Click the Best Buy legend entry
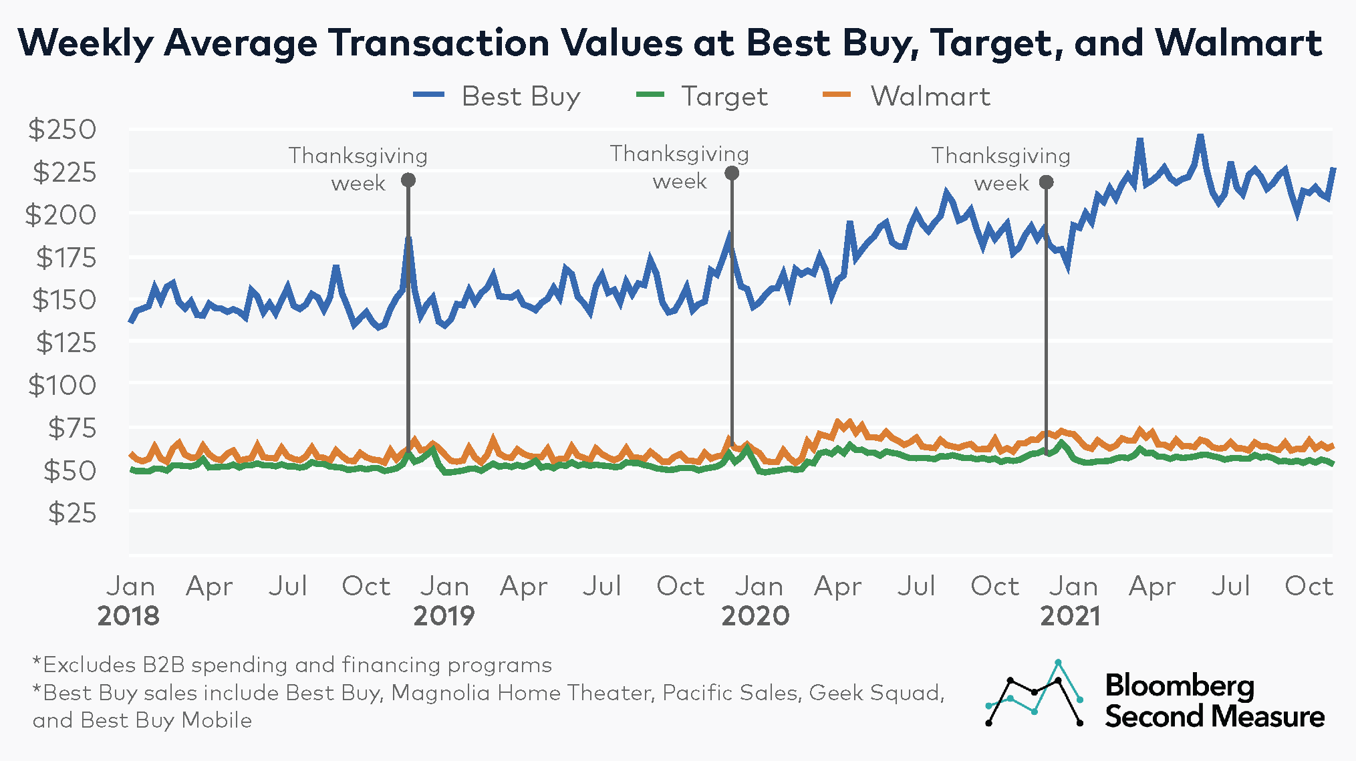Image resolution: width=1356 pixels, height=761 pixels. point(497,96)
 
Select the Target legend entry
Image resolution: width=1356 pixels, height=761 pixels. point(702,96)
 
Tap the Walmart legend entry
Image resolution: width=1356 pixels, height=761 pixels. point(906,96)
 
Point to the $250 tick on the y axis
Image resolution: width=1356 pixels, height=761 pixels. point(62,129)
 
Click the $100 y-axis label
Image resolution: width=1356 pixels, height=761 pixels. point(62,386)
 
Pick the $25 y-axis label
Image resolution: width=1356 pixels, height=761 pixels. point(72,513)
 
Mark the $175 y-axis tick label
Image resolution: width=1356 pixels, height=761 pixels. point(65,257)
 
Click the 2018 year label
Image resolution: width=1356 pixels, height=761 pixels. point(128,615)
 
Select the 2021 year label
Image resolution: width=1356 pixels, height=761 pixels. point(1070,615)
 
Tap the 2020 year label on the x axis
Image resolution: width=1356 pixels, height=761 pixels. point(755,615)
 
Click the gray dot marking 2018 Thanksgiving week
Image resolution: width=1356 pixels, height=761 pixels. point(408,180)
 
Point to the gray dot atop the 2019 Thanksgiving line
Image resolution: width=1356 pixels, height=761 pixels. point(732,173)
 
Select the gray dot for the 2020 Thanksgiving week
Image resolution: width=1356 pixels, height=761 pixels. point(1047,182)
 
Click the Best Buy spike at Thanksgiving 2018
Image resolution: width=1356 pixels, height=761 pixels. point(408,239)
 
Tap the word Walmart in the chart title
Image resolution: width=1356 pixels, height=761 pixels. point(1238,43)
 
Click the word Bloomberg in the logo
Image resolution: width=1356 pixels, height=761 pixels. point(1180,686)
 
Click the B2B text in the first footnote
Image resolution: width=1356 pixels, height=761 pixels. point(163,665)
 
